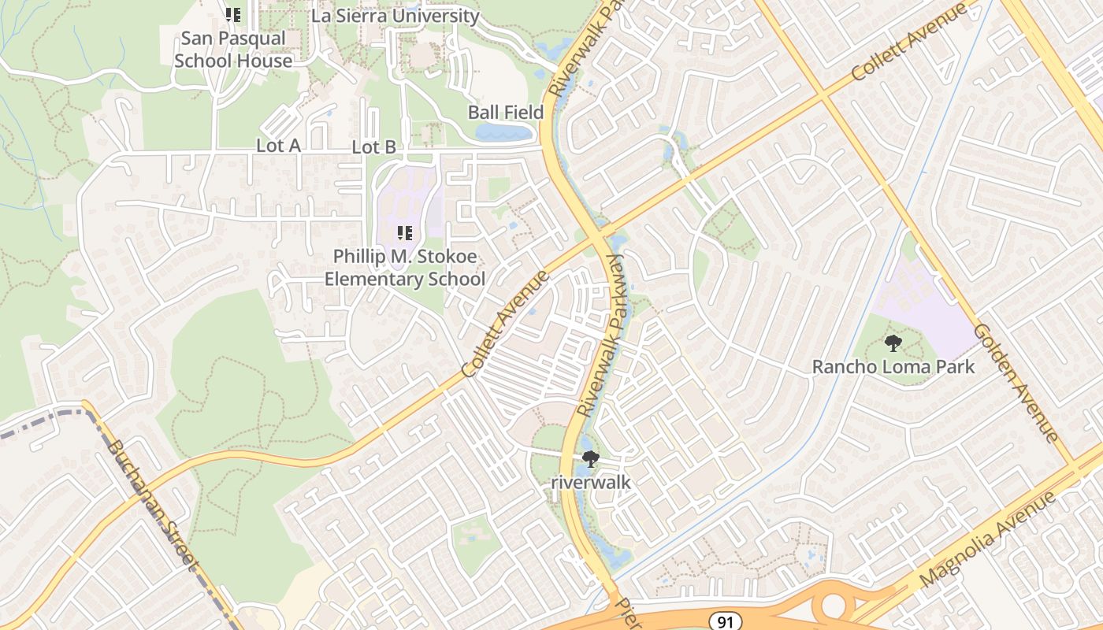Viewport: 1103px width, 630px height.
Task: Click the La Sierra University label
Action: point(396,16)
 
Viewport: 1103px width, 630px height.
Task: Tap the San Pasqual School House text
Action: point(233,50)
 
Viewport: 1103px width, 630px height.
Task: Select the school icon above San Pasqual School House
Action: point(232,14)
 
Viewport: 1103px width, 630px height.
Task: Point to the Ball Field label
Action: point(506,112)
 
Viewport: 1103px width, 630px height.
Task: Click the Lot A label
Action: point(278,146)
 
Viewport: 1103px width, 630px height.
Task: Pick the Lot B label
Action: point(373,146)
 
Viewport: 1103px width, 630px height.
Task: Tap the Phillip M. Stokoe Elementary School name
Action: point(405,268)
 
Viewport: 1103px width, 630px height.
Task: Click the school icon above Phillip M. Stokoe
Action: point(405,232)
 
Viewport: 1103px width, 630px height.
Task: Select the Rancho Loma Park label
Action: point(893,366)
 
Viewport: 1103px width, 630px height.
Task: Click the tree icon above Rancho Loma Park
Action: point(893,343)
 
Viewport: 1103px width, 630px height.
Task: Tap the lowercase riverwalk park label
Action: point(590,481)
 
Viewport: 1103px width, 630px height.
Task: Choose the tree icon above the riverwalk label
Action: point(589,458)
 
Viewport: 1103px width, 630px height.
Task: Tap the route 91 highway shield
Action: point(725,621)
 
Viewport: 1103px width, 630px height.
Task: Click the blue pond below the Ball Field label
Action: point(504,132)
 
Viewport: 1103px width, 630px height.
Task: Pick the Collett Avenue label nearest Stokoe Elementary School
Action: point(505,324)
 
